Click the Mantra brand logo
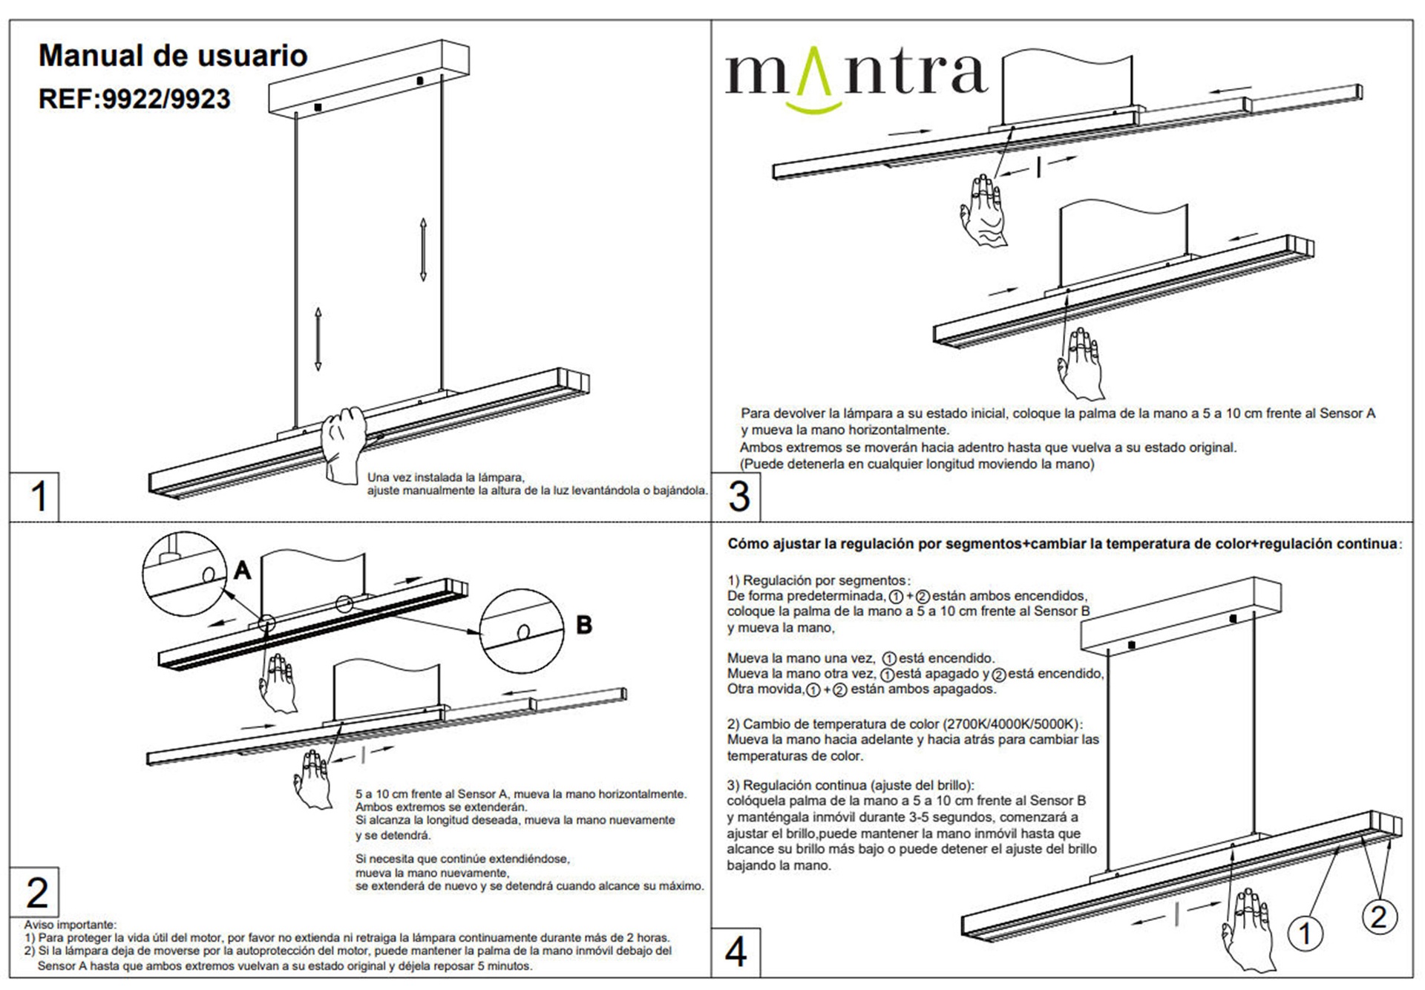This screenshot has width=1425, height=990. pyautogui.click(x=856, y=79)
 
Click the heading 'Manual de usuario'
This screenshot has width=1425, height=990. pyautogui.click(x=173, y=56)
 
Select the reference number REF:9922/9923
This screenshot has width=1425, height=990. pyautogui.click(x=134, y=99)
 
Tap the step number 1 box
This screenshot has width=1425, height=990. pyautogui.click(x=34, y=496)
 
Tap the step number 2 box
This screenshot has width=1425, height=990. pyautogui.click(x=34, y=892)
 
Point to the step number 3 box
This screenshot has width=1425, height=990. pyautogui.click(x=736, y=496)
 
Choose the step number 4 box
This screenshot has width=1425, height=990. pyautogui.click(x=736, y=952)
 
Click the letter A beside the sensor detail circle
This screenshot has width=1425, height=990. pyautogui.click(x=243, y=570)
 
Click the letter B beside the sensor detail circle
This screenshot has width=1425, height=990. pyautogui.click(x=584, y=625)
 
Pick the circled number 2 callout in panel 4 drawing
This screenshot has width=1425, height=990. pyautogui.click(x=1379, y=917)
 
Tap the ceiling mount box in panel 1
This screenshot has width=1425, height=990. pyautogui.click(x=368, y=77)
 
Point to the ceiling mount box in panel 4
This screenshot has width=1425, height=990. pyautogui.click(x=1182, y=616)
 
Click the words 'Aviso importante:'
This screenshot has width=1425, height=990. pyautogui.click(x=71, y=925)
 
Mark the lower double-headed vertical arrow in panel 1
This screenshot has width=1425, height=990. pyautogui.click(x=318, y=339)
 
